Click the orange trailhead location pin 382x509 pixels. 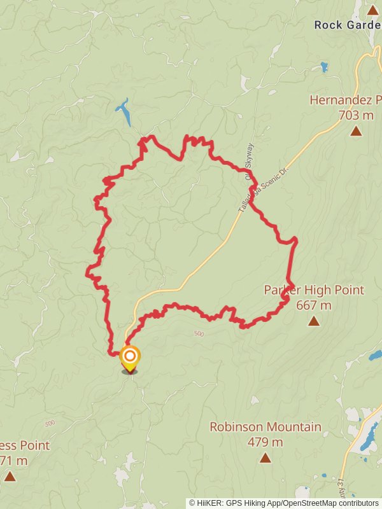pos(130,358)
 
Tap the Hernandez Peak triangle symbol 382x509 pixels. pos(356,131)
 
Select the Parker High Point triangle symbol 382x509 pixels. pos(313,321)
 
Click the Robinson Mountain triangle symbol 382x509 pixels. pos(265,457)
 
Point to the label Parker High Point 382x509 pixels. pos(314,290)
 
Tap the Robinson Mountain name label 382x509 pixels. pos(265,427)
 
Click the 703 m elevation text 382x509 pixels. pos(356,115)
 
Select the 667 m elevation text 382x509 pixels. pos(314,305)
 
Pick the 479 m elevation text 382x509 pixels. pos(265,442)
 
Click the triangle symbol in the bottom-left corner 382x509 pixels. pos(10,476)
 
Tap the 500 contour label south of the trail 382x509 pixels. pos(199,333)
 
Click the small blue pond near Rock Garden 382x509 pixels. pos(324,66)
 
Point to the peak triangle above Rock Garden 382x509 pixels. pos(372,10)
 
